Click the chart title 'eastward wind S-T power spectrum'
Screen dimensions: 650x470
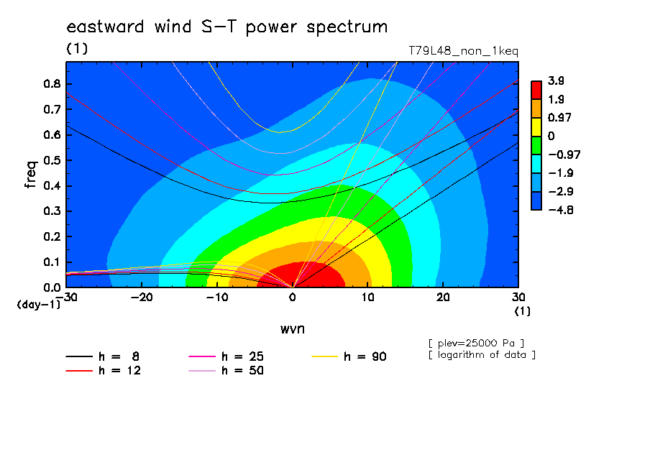tap(226, 27)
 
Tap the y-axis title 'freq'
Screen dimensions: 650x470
tap(31, 175)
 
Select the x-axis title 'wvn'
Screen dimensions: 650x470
tap(293, 329)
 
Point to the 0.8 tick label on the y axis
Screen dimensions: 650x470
tap(52, 83)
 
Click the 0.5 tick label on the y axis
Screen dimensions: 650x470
tap(52, 160)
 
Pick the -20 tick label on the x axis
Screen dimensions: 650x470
tap(142, 298)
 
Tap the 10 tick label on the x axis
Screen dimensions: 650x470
tap(367, 298)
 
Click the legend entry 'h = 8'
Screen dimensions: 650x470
tap(102, 356)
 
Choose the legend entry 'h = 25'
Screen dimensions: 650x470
tap(226, 356)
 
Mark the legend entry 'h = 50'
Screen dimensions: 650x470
tap(226, 370)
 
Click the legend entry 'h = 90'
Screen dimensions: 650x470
tap(349, 356)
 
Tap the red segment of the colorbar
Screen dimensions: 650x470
tap(536, 91)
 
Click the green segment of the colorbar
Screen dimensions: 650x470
tap(536, 145)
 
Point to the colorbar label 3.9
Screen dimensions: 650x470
tap(556, 80)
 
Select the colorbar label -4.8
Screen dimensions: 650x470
tap(561, 210)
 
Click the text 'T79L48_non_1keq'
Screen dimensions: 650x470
tap(464, 51)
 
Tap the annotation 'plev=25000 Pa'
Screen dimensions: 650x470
tap(476, 344)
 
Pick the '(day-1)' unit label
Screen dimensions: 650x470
tap(39, 305)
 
